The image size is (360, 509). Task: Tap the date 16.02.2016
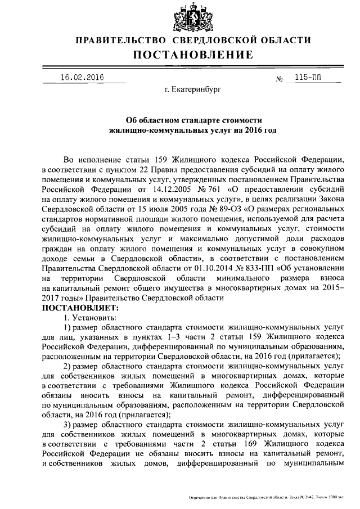pos(85,78)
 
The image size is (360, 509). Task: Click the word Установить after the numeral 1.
pos(94,318)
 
